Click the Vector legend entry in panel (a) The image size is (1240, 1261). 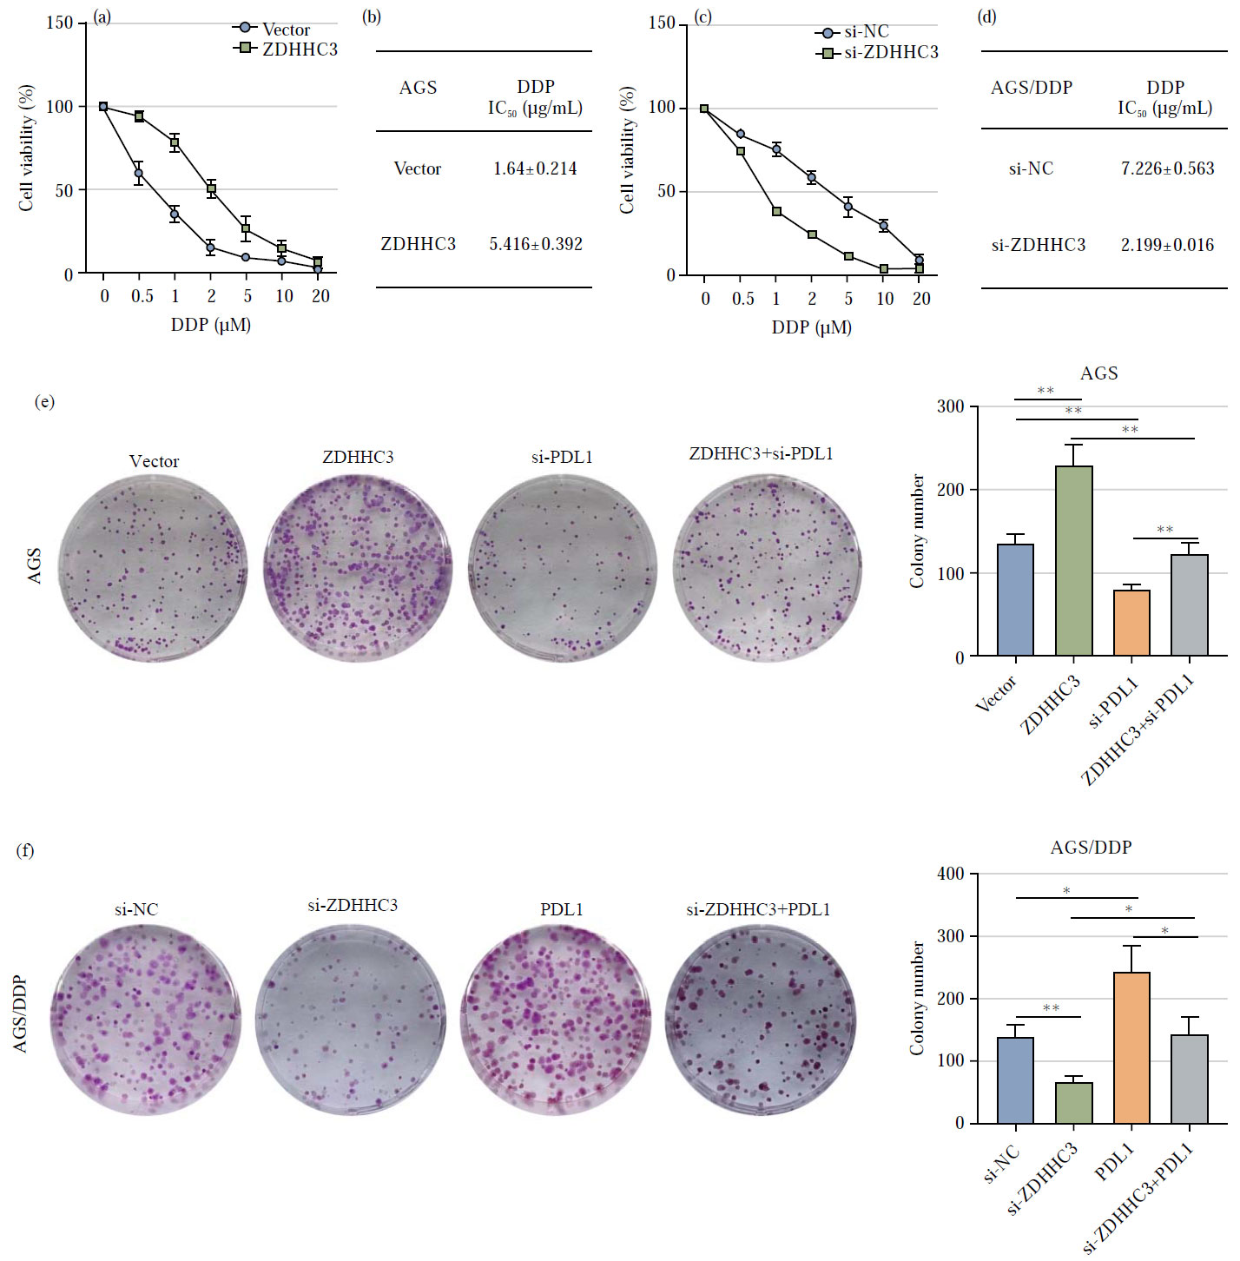click(285, 30)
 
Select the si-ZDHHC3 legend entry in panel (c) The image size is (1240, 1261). click(890, 53)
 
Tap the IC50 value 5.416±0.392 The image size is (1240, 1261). click(536, 244)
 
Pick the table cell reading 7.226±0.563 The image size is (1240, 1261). click(1167, 168)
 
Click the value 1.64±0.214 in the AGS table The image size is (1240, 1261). click(535, 168)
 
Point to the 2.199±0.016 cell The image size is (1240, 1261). click(1167, 245)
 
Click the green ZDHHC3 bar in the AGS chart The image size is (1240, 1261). click(1074, 561)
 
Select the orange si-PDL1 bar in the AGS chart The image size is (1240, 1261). click(1131, 623)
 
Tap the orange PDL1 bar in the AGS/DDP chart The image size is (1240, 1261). click(1131, 1047)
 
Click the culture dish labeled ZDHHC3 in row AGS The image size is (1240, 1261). click(358, 569)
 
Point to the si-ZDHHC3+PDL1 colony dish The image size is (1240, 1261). click(760, 1020)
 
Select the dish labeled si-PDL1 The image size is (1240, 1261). click(562, 569)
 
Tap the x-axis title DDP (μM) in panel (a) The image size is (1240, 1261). click(210, 325)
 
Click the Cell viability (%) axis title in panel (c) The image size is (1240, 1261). click(627, 149)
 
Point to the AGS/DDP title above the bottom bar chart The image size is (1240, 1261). click(1091, 848)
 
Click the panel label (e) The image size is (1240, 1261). click(44, 401)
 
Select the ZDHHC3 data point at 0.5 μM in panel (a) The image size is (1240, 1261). click(139, 116)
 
